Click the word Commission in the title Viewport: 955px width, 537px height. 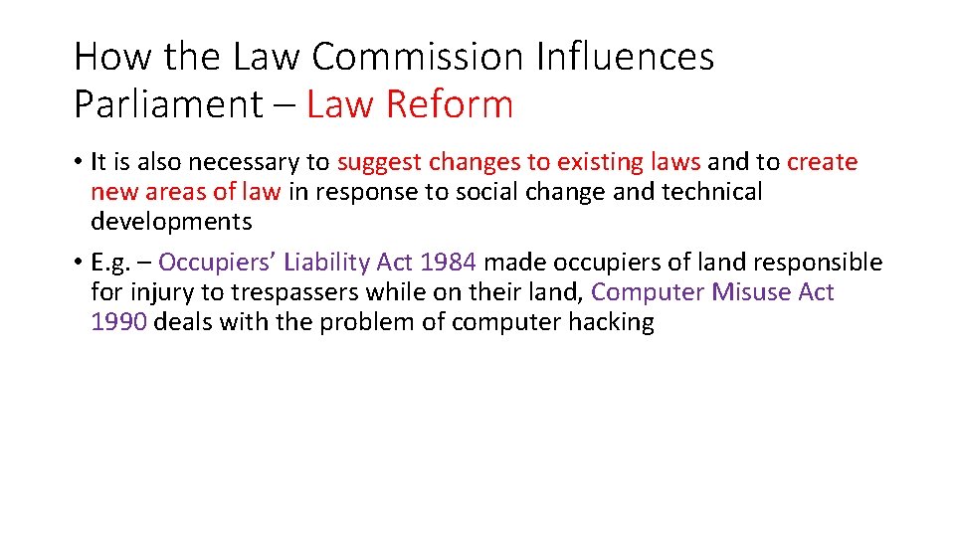click(x=417, y=57)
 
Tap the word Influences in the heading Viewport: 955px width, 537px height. click(x=624, y=57)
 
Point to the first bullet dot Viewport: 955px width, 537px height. click(x=78, y=162)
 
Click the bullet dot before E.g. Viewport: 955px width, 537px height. click(x=78, y=264)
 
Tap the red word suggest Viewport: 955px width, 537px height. click(x=379, y=162)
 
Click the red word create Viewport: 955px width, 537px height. click(x=822, y=162)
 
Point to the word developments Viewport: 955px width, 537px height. click(x=171, y=221)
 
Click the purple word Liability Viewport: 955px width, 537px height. click(x=323, y=263)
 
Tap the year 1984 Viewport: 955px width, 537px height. click(x=448, y=263)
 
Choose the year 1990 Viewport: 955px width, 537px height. click(x=118, y=322)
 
